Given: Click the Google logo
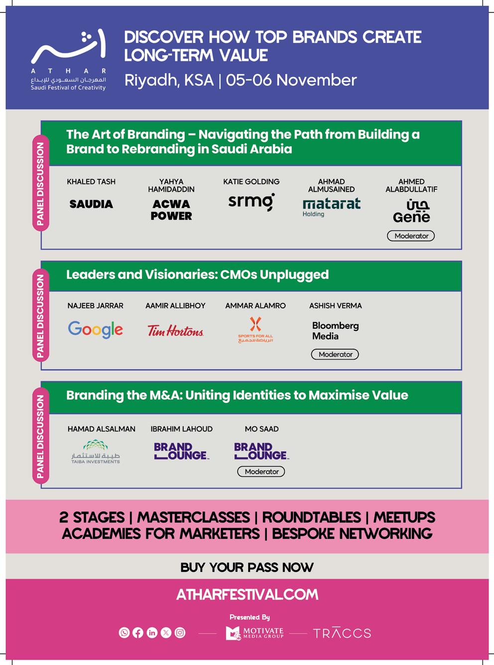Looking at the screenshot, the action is (95, 329).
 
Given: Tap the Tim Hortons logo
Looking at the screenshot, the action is (175, 331).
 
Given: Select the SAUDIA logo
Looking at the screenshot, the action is (91, 204).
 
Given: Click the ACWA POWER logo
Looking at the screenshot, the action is (171, 210).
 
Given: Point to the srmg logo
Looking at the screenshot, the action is (251, 202).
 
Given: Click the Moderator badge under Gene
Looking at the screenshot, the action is (411, 236).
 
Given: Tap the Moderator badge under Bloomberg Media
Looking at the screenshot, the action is (335, 355).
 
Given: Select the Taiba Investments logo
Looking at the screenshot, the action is (96, 452).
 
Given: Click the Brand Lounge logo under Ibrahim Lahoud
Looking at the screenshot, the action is (181, 451).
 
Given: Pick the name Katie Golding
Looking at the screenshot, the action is (251, 182).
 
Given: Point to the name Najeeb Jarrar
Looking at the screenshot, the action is (95, 306).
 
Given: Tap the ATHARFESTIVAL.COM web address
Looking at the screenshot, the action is (247, 594).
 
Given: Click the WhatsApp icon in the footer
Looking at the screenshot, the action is (124, 633).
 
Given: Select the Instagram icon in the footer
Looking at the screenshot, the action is (180, 633).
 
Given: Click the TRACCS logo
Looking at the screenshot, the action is (342, 633).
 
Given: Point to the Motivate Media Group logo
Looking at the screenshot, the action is (255, 633).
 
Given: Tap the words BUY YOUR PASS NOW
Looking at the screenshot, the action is (247, 567).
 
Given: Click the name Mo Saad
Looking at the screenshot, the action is (261, 429).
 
